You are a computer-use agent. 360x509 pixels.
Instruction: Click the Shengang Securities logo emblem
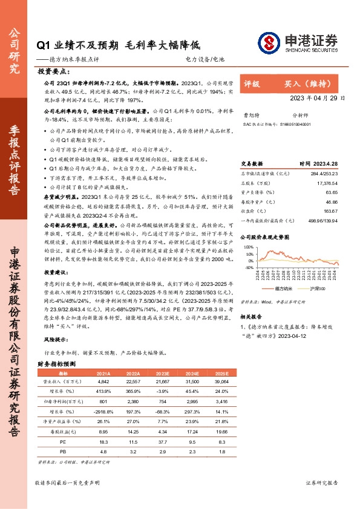pyautogui.click(x=267, y=42)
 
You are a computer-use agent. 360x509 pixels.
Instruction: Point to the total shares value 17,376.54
pyautogui.click(x=327, y=183)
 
